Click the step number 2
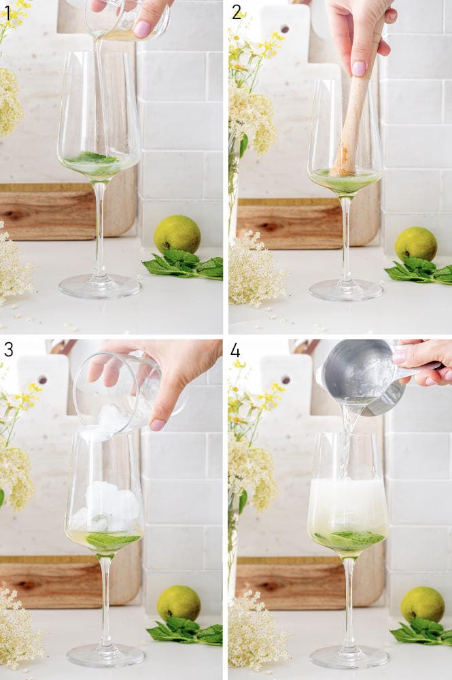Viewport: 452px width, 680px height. (x=236, y=12)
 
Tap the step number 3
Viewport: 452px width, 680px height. (x=7, y=350)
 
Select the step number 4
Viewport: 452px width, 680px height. (x=235, y=350)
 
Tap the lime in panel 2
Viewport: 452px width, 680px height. (x=416, y=243)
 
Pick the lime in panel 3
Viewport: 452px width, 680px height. (x=179, y=602)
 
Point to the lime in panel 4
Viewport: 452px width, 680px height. (x=422, y=604)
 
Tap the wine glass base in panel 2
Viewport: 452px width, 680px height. (x=346, y=290)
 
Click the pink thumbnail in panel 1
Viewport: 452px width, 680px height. (x=142, y=29)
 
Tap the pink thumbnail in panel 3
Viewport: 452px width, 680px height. (x=157, y=424)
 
